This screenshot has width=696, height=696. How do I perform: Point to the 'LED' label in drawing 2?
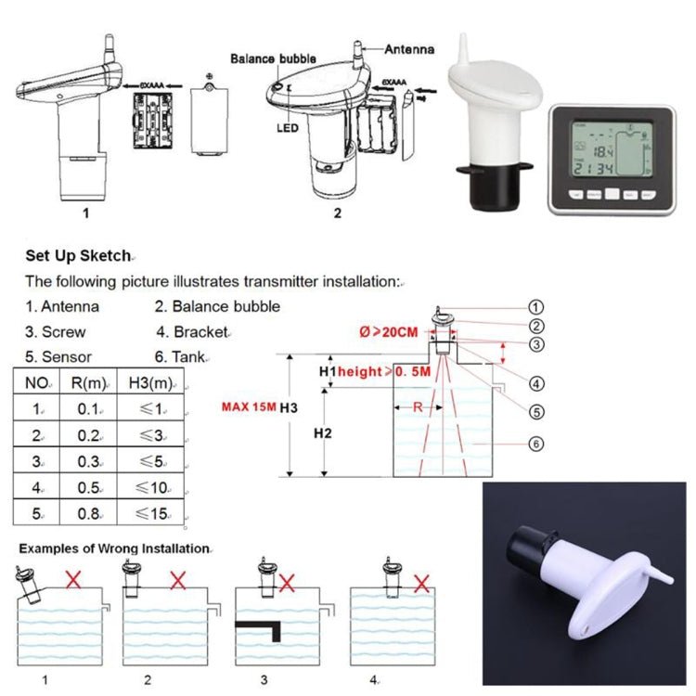[x=286, y=127]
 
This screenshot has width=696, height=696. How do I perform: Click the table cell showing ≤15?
[x=152, y=513]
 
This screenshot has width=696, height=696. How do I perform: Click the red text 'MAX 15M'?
[x=249, y=406]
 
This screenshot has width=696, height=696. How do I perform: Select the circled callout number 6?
[x=535, y=444]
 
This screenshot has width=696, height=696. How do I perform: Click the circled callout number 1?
[x=535, y=306]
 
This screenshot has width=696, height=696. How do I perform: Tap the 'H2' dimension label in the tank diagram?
[x=321, y=433]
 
